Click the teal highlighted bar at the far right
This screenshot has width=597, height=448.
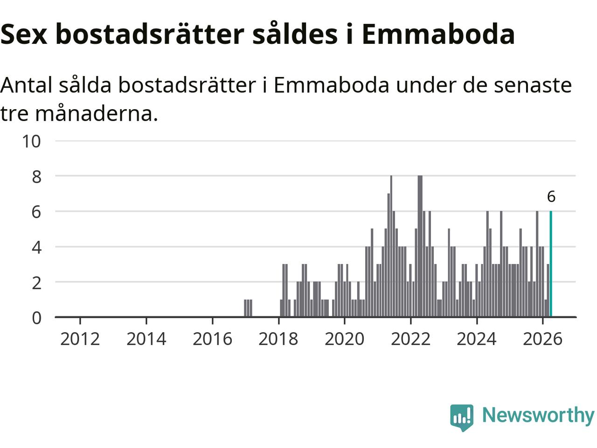click(x=551, y=264)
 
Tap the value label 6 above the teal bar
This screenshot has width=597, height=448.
click(x=551, y=196)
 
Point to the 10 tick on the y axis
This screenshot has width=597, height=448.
click(x=32, y=141)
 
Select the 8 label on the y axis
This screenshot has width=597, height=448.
click(x=36, y=177)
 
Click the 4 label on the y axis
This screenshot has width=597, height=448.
click(x=36, y=248)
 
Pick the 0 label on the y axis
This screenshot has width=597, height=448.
click(x=36, y=318)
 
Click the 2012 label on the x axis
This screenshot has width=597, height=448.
click(x=80, y=339)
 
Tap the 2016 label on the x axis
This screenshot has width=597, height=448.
click(x=212, y=339)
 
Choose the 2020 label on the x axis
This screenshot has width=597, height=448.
click(x=344, y=339)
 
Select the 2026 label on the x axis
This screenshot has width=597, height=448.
click(x=542, y=339)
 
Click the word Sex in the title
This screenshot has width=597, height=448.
click(x=24, y=35)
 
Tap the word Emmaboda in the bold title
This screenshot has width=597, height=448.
click(x=438, y=34)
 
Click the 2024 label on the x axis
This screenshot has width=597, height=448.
click(x=477, y=339)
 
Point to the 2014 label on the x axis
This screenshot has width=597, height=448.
click(x=146, y=339)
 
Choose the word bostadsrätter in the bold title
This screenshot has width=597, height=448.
click(x=150, y=34)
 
